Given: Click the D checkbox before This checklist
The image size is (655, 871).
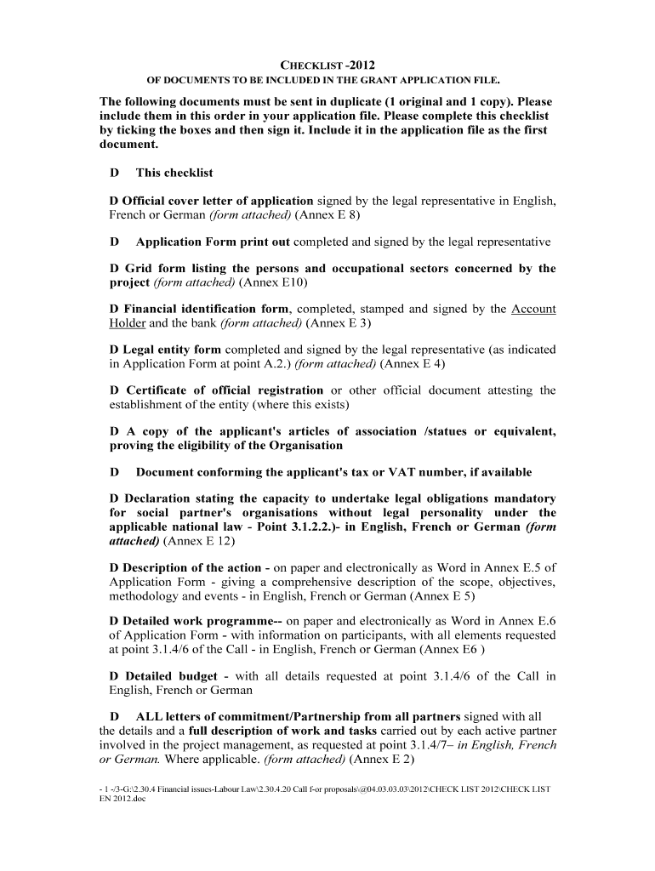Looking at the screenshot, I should [115, 173].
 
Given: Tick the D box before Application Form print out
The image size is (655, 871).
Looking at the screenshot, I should [115, 242].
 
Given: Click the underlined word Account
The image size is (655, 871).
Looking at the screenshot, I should [533, 309].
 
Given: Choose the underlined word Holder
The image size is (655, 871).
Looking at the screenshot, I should [128, 323].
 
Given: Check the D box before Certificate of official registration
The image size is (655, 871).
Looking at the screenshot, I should [115, 390].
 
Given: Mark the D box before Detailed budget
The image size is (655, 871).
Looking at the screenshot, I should [115, 676].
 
